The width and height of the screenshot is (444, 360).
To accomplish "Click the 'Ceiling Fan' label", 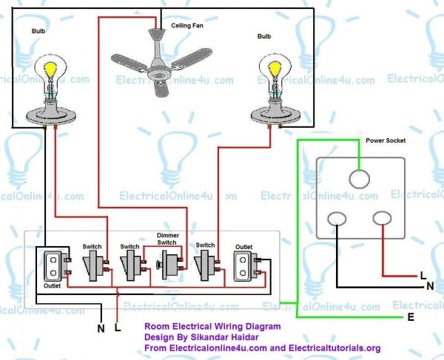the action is tap(187, 25).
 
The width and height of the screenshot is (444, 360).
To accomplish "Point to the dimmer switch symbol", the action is tap(168, 265).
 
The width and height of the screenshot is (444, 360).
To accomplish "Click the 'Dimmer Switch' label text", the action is tap(168, 239).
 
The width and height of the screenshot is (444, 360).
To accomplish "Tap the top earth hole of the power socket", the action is tap(359, 180).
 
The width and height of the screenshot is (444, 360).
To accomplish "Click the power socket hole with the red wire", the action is tap(382, 218).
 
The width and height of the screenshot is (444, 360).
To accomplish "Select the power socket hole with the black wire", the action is tap(337, 219).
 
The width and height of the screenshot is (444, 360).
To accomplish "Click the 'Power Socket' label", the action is tap(386, 140).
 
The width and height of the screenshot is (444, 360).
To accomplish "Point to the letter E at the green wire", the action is tap(411, 317).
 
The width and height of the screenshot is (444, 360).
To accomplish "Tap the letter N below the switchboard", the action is tap(101, 328).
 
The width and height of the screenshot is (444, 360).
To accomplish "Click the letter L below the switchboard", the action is tap(118, 327).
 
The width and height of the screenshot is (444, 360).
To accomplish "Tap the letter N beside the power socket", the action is tap(431, 286).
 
